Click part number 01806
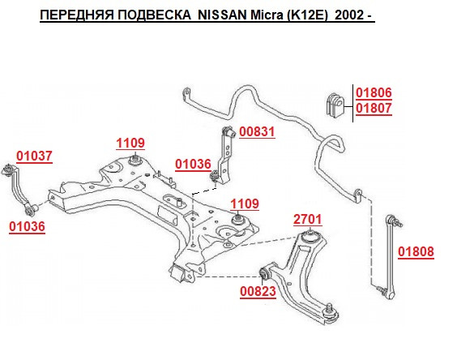[374, 92]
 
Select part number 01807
[374, 108]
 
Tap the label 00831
[257, 131]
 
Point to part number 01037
[34, 156]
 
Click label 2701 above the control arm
[307, 220]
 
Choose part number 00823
[258, 291]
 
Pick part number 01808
[416, 251]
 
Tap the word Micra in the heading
[267, 15]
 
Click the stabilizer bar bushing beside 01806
[335, 105]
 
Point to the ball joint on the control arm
[330, 311]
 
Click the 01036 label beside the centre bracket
[193, 165]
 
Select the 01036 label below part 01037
[27, 227]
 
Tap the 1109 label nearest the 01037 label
[130, 144]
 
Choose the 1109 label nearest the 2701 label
[245, 204]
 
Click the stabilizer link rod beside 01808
[389, 257]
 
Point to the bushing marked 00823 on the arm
[264, 272]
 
